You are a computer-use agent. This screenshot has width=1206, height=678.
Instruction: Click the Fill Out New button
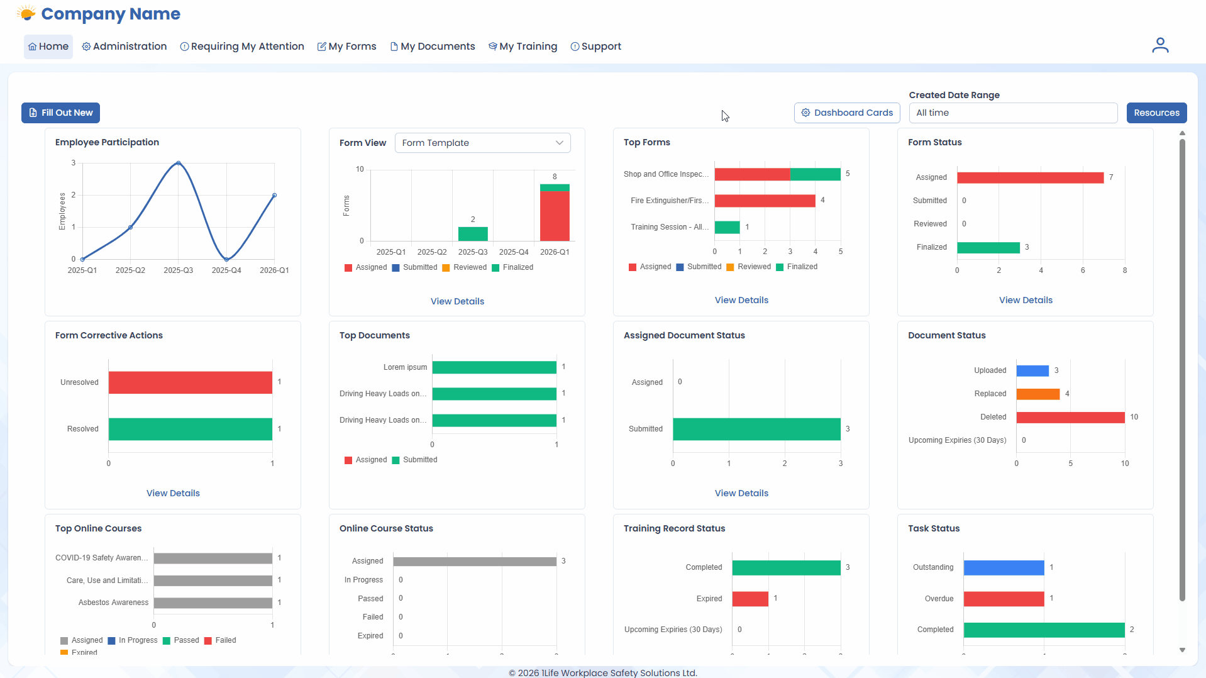[x=60, y=113]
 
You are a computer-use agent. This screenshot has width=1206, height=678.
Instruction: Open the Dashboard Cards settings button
[x=846, y=113]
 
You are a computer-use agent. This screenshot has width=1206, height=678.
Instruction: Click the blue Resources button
[x=1156, y=113]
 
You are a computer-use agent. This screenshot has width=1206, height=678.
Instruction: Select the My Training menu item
[x=523, y=47]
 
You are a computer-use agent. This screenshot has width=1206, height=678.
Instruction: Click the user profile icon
[x=1159, y=45]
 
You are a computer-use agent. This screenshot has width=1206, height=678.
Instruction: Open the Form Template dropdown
[x=482, y=143]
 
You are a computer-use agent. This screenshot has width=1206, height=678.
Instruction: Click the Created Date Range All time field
[x=1012, y=113]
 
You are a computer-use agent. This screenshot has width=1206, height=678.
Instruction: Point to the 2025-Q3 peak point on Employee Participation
[x=179, y=163]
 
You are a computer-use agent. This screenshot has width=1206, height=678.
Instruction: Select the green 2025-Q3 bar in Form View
[x=473, y=233]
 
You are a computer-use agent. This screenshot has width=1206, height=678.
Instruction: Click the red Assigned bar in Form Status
[x=1030, y=177]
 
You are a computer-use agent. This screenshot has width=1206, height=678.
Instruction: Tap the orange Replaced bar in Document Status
[x=1037, y=394]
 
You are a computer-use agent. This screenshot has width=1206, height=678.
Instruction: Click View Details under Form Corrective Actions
[x=173, y=493]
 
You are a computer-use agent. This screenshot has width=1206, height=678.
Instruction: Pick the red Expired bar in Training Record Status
[x=750, y=598]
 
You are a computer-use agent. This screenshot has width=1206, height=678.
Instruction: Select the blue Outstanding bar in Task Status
[x=1003, y=567]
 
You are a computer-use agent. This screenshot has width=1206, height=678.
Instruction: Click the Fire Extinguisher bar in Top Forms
[x=764, y=201]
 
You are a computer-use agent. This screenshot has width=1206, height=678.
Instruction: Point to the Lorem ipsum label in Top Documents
[x=405, y=367]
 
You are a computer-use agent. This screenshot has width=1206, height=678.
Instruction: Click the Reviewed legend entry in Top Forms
[x=753, y=267]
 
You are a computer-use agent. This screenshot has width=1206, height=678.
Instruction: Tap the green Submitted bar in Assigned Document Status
[x=756, y=429]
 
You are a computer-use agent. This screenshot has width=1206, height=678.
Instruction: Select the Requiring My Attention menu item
[x=242, y=47]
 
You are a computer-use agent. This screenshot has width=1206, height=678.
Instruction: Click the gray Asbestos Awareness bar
[x=213, y=603]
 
